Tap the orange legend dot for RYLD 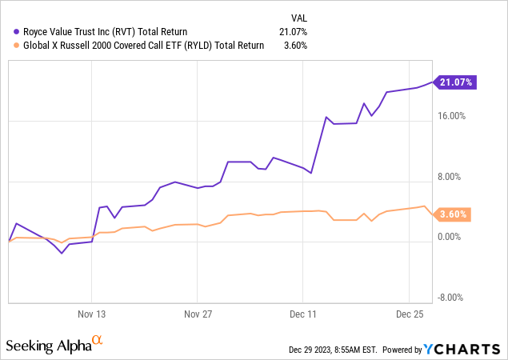coord(8,46)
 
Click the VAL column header coord(298,17)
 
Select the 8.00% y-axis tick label coord(453,177)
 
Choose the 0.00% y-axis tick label coord(453,238)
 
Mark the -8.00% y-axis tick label coord(451,298)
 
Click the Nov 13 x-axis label coord(92,315)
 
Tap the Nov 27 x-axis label coord(198,315)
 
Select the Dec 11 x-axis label coord(303,315)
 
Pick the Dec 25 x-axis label coord(409,315)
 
